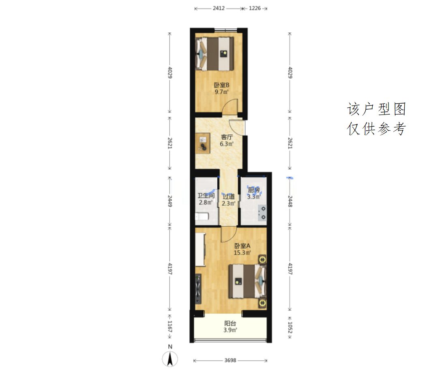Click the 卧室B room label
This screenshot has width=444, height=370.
tap(221, 85)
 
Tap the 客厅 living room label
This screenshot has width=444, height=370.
tap(227, 137)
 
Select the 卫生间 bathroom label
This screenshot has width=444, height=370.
tap(206, 195)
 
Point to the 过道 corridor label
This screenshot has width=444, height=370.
tap(229, 196)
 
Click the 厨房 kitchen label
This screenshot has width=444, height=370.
tap(254, 190)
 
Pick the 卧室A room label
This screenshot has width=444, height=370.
tap(242, 246)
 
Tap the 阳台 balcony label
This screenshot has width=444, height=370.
tap(230, 323)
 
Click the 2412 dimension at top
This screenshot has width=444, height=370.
tap(219, 8)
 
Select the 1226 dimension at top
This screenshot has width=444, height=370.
tap(255, 8)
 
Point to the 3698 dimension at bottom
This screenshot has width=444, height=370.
tap(230, 360)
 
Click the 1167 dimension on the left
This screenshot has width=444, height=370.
tap(169, 326)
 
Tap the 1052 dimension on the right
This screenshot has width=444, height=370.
tap(290, 327)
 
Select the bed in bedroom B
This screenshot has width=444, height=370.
tap(214, 54)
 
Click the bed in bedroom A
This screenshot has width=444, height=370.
tap(247, 281)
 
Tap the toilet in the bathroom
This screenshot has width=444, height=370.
tap(202, 217)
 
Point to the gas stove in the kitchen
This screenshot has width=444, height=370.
tap(262, 213)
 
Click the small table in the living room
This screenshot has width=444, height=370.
tap(202, 143)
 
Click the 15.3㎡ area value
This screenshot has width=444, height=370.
tap(242, 253)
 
